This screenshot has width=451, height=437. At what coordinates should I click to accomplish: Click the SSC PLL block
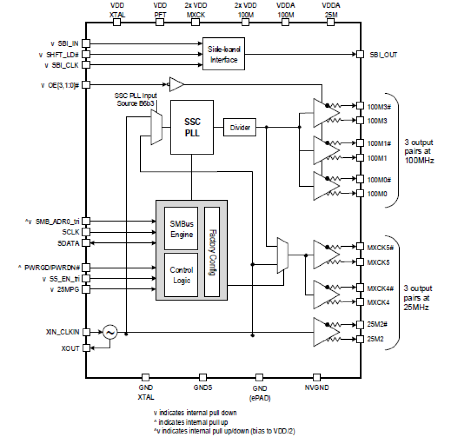tap(192, 127)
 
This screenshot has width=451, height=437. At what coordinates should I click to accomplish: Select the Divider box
tap(240, 127)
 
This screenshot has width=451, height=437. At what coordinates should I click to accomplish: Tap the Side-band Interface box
tap(224, 54)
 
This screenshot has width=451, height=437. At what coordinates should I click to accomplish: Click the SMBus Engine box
tap(181, 229)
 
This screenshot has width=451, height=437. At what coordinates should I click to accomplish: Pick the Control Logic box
tap(181, 275)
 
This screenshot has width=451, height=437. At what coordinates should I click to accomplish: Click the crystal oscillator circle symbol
tap(110, 332)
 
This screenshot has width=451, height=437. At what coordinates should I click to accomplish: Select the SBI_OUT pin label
tap(383, 55)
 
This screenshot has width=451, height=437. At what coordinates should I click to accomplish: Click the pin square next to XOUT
tap(86, 348)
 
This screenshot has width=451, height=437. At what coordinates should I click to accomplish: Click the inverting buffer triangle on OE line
tap(176, 84)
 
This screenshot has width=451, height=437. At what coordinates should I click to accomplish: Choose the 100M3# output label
tap(379, 107)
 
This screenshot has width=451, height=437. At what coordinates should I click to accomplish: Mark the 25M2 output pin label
tap(375, 339)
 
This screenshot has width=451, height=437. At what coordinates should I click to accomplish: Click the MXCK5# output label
tap(380, 247)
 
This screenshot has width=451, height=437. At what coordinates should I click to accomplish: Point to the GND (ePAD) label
tap(260, 393)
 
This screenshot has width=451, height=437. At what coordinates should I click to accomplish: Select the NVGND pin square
tap(317, 377)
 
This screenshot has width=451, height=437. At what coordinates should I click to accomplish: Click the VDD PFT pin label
tap(160, 10)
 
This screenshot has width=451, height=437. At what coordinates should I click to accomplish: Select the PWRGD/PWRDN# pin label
tap(52, 268)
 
